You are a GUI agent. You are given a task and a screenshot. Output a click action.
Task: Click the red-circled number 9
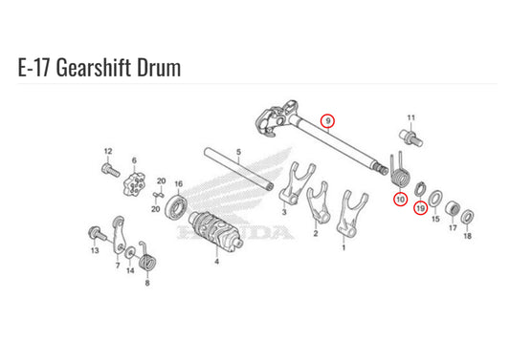tap(328, 121)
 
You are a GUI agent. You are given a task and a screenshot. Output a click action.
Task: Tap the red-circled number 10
tap(400, 199)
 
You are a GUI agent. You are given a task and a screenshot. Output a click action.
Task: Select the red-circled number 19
tap(421, 208)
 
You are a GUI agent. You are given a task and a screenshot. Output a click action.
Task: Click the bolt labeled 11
tap(411, 138)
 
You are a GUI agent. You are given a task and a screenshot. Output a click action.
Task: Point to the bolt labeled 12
tap(111, 170)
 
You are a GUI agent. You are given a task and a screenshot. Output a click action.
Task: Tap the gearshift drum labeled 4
tap(215, 231)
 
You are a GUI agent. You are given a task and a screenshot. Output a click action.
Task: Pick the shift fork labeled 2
tap(320, 203)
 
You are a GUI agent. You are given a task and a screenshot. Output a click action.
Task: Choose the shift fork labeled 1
tap(349, 214)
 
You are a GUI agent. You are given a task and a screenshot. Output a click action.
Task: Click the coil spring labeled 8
tap(148, 260)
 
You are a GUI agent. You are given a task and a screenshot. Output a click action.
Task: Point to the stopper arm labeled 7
tap(119, 234)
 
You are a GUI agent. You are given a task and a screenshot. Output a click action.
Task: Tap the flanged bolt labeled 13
tap(97, 233)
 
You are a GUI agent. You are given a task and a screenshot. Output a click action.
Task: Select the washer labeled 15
tap(434, 199)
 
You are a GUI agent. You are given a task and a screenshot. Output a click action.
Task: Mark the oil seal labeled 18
tap(467, 217)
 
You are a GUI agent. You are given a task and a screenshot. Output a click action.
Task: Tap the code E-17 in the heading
tap(33, 68)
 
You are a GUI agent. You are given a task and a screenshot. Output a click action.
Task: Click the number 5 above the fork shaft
tap(239, 152)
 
